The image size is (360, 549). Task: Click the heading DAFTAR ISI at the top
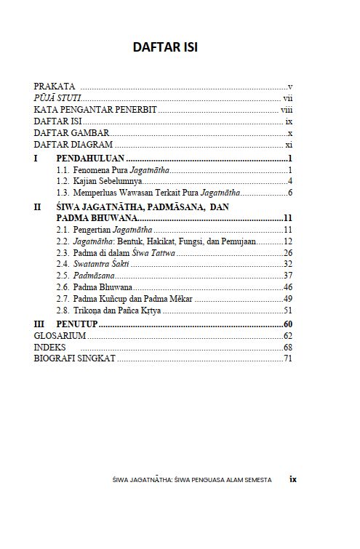[x=165, y=47]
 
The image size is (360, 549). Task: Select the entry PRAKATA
[x=55, y=87]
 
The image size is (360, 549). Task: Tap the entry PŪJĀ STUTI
[x=57, y=98]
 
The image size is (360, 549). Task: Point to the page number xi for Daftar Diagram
[x=289, y=145]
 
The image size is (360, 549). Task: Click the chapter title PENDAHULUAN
[x=91, y=158]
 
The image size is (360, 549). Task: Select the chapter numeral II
[x=39, y=207]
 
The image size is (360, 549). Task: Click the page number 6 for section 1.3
[x=289, y=193]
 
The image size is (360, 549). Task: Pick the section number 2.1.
[x=63, y=230]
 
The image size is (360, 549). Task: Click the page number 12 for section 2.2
[x=288, y=241]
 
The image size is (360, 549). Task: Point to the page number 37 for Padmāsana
[x=288, y=276]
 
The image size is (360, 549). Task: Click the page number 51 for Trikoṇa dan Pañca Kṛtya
[x=288, y=310]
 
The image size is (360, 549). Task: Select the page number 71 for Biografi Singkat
[x=288, y=358]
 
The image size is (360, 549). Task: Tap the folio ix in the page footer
[x=293, y=479]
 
